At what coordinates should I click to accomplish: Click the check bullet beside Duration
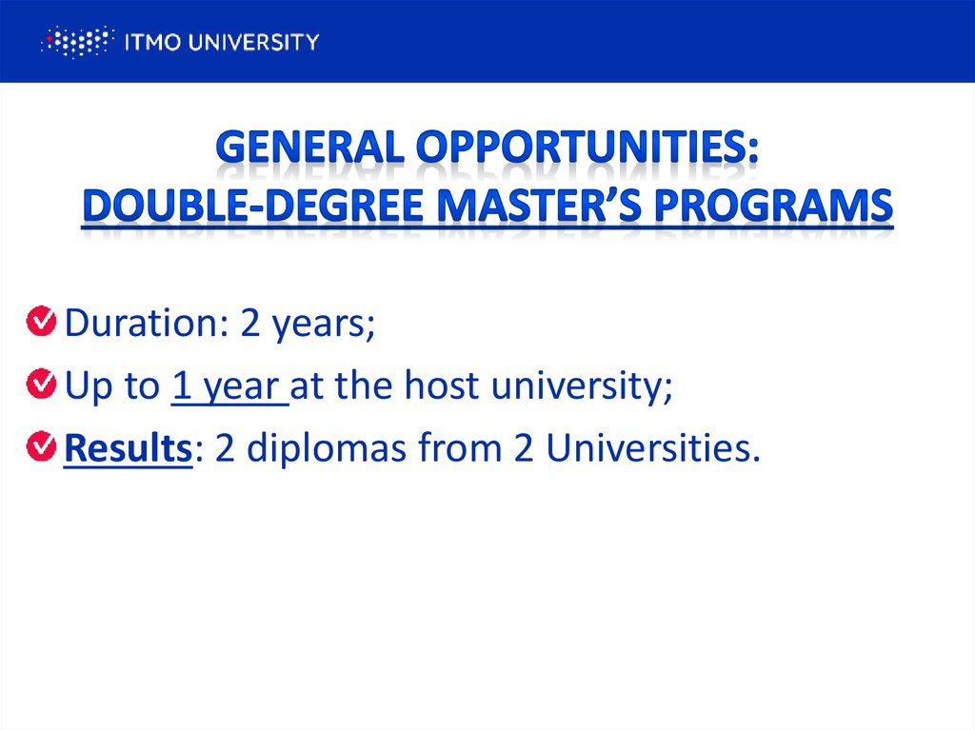pyautogui.click(x=41, y=322)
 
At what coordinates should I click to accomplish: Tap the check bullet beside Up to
pyautogui.click(x=41, y=385)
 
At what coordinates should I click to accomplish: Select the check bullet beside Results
pyautogui.click(x=41, y=446)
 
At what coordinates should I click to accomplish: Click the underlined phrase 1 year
pyautogui.click(x=229, y=387)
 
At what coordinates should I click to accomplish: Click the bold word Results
pyautogui.click(x=128, y=449)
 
